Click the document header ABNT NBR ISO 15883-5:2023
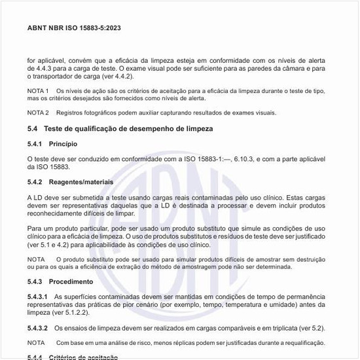coord(74,28)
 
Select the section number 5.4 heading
coord(33,129)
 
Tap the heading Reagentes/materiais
coord(81,181)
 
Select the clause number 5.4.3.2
coord(37,328)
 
